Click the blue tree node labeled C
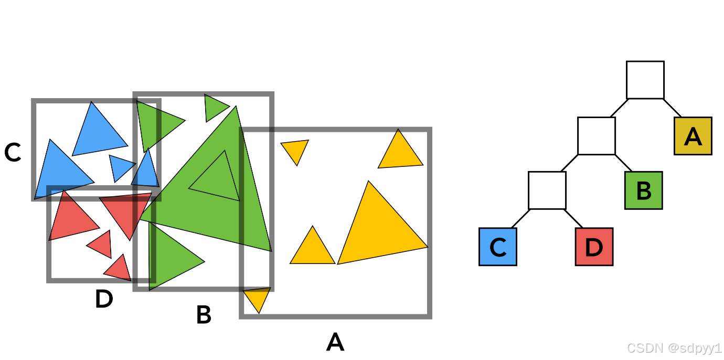tap(498, 247)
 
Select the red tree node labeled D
tap(594, 247)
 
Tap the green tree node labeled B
tap(643, 190)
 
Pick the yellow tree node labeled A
tap(693, 136)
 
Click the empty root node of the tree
tap(645, 80)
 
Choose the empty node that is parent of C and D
tap(547, 190)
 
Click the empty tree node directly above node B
tap(596, 136)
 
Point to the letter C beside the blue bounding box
tap(12, 153)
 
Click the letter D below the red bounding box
tap(104, 300)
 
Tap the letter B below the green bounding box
tap(204, 315)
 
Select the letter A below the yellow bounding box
tap(335, 343)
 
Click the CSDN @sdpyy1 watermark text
tap(674, 348)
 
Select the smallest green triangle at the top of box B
tap(214, 107)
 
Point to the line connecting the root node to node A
tap(673, 108)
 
